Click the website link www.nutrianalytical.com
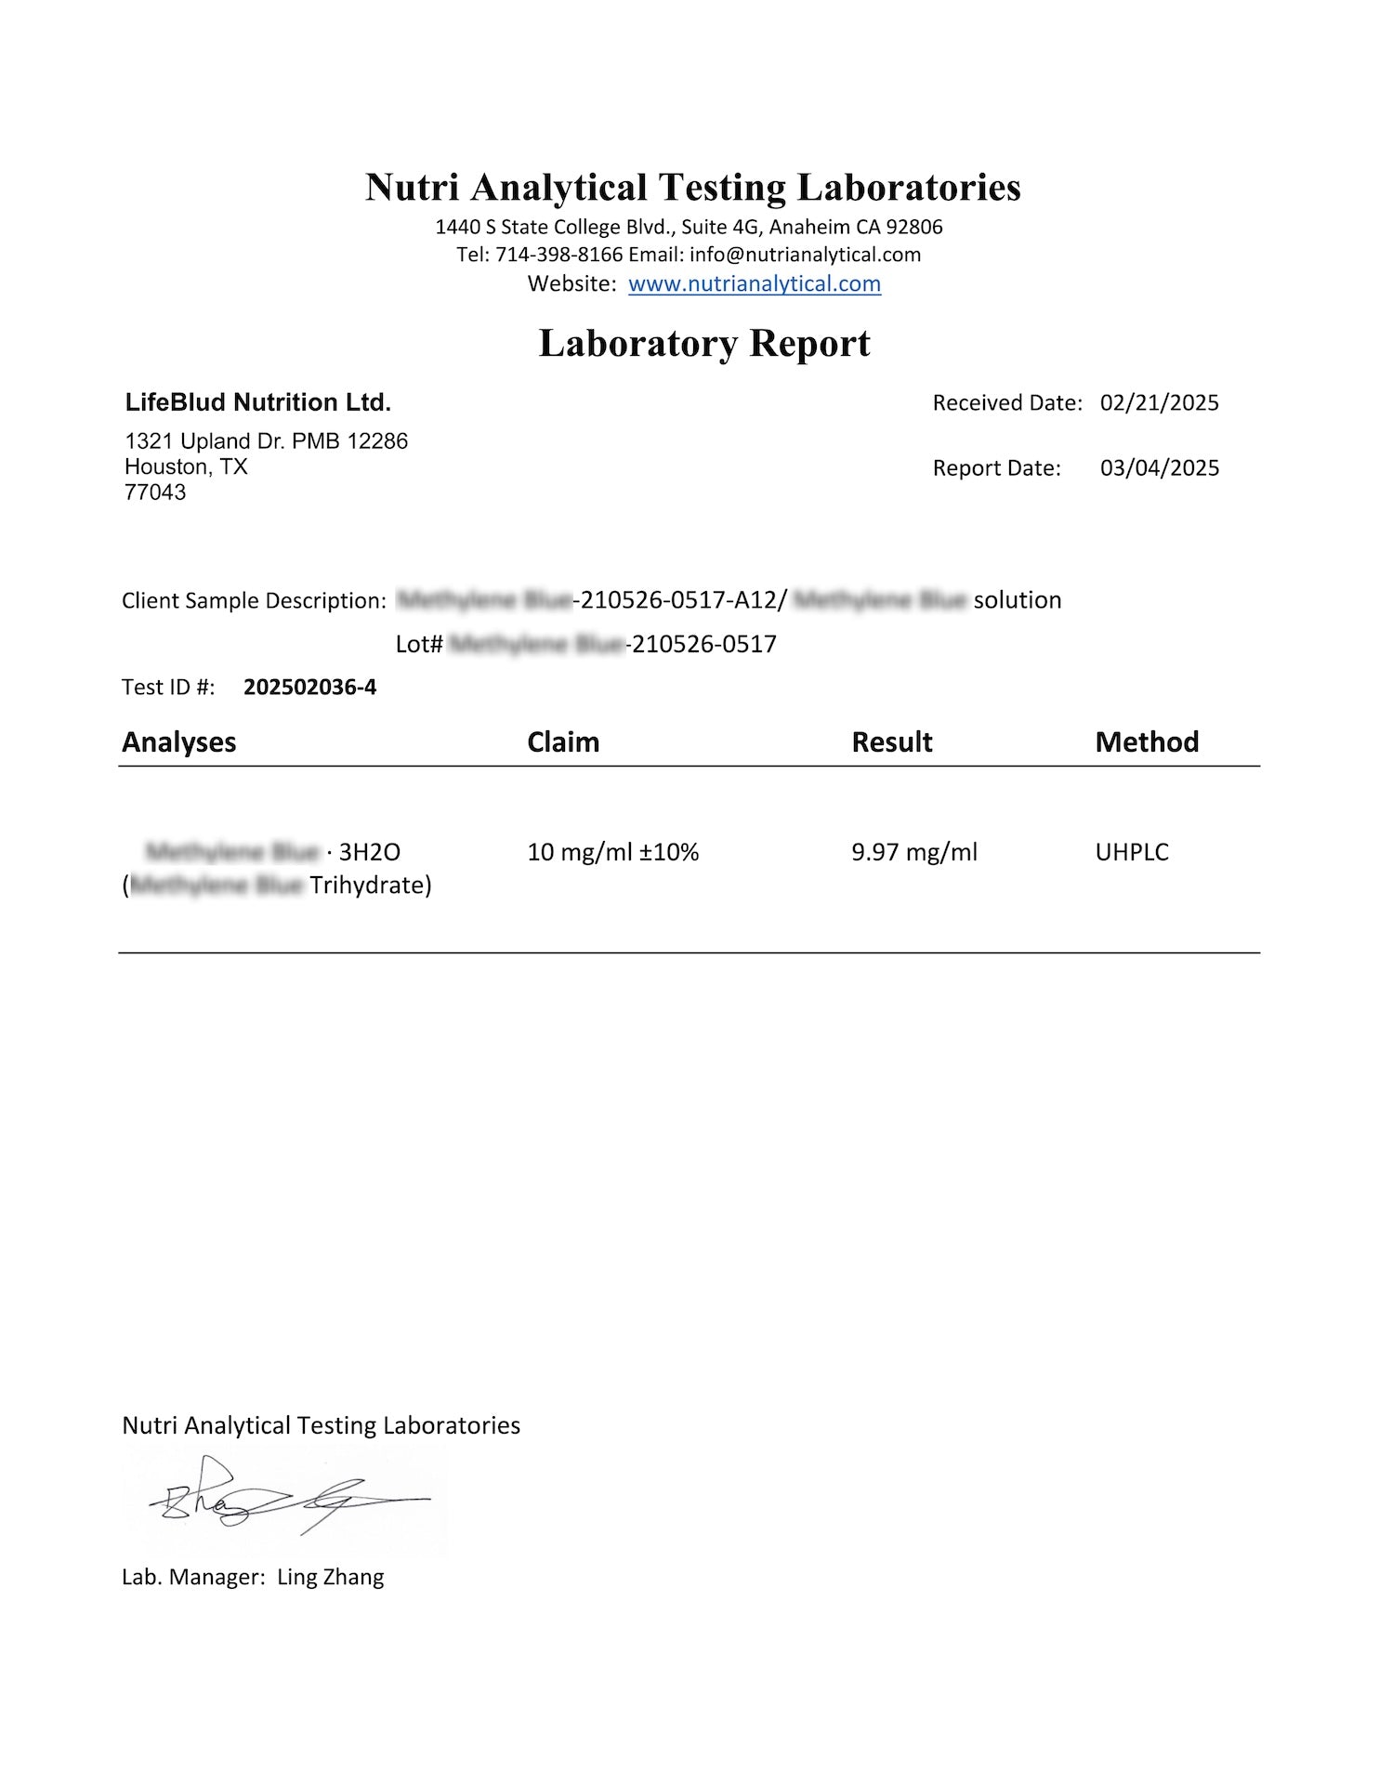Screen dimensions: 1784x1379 754,283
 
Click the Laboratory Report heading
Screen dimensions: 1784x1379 704,343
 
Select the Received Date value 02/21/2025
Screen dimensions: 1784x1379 1159,402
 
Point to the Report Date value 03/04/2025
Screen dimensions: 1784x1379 1159,467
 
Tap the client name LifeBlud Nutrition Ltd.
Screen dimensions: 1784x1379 258,402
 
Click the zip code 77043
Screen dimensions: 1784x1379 155,492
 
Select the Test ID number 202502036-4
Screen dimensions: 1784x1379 309,687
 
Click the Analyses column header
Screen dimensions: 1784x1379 178,741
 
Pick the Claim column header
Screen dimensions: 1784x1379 563,741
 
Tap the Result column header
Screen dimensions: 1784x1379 892,741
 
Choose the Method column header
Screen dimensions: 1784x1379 1147,741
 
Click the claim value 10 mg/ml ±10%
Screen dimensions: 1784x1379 612,852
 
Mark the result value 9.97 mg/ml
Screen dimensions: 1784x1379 914,852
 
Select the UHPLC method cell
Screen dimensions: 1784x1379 1132,852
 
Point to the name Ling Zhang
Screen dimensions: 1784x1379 330,1577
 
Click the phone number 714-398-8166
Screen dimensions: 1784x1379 558,255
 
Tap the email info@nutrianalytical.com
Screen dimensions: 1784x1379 805,255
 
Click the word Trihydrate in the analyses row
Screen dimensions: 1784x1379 369,885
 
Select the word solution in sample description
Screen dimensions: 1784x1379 1017,600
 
